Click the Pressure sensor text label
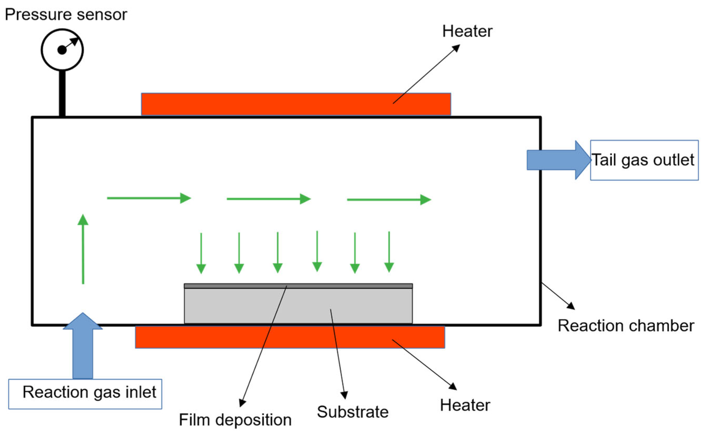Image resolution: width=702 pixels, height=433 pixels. pyautogui.click(x=66, y=15)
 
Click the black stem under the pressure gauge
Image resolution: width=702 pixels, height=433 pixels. pyautogui.click(x=62, y=94)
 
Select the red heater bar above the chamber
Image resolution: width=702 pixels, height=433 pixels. pyautogui.click(x=296, y=104)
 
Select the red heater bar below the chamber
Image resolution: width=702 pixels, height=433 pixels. pyautogui.click(x=290, y=337)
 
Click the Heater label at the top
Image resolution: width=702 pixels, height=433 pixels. pyautogui.click(x=467, y=31)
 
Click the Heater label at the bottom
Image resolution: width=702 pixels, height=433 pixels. pyautogui.click(x=465, y=405)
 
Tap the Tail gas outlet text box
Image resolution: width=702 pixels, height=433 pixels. pyautogui.click(x=644, y=160)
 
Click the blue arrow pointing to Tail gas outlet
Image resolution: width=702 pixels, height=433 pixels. pyautogui.click(x=559, y=160)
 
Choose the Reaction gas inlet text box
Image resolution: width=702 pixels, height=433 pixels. pyautogui.click(x=85, y=394)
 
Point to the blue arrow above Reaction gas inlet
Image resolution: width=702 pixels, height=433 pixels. pyautogui.click(x=83, y=346)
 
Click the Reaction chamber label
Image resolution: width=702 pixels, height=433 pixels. pyautogui.click(x=626, y=326)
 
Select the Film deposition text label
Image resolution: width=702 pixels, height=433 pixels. pyautogui.click(x=235, y=420)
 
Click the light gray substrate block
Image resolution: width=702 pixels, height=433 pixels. pyautogui.click(x=298, y=306)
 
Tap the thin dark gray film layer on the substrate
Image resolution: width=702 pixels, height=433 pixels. pyautogui.click(x=298, y=286)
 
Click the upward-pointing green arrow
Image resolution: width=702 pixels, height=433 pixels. pyautogui.click(x=83, y=249)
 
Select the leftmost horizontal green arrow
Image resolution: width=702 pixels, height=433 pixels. pyautogui.click(x=149, y=198)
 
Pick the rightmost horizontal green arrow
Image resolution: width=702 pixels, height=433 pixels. pyautogui.click(x=389, y=199)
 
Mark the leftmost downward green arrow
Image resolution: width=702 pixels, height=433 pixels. pyautogui.click(x=201, y=253)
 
